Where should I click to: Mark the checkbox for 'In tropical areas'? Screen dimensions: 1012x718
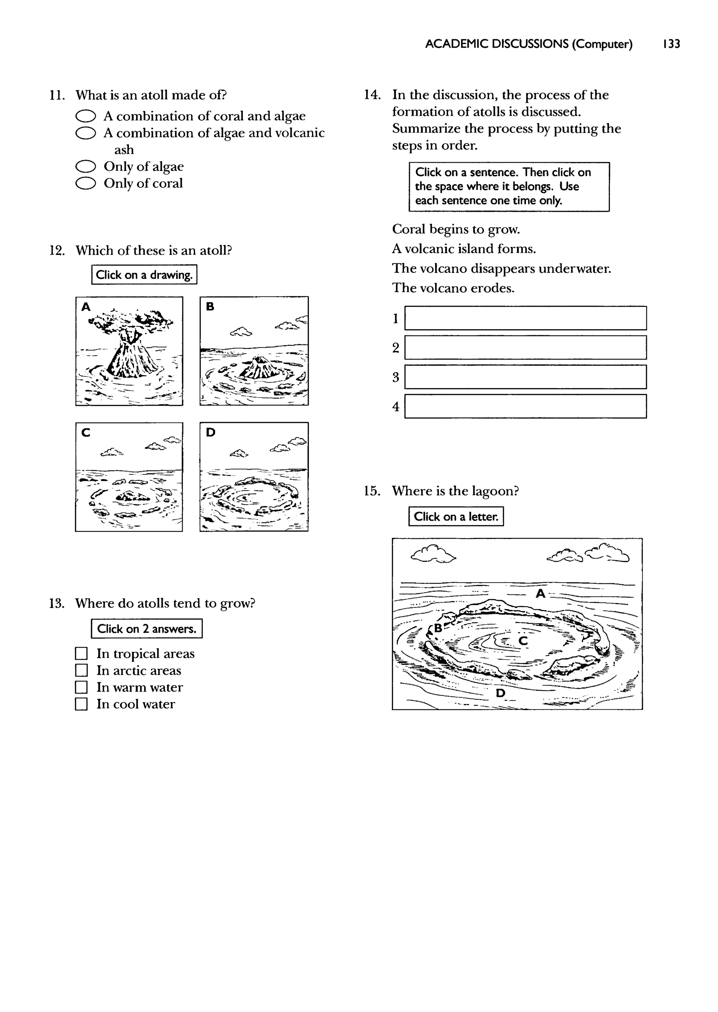(81, 654)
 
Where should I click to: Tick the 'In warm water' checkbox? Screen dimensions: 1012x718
(81, 688)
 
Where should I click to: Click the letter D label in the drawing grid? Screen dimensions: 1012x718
(211, 432)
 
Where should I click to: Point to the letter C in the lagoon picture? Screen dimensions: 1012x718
(523, 641)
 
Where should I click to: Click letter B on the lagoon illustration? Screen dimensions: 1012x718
(438, 628)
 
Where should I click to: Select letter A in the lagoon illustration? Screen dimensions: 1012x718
(540, 594)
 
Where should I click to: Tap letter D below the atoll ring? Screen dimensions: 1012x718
(500, 693)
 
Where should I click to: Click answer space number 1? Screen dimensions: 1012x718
(525, 318)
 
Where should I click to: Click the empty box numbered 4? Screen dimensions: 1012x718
(525, 406)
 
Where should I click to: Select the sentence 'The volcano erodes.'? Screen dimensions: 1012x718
(453, 288)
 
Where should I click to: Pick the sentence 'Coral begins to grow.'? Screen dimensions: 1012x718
(456, 229)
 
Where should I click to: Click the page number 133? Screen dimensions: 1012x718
(671, 44)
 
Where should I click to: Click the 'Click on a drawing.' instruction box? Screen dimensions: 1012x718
(144, 275)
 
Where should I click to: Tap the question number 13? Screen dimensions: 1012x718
(56, 604)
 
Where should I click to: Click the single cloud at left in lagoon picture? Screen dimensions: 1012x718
(433, 554)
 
